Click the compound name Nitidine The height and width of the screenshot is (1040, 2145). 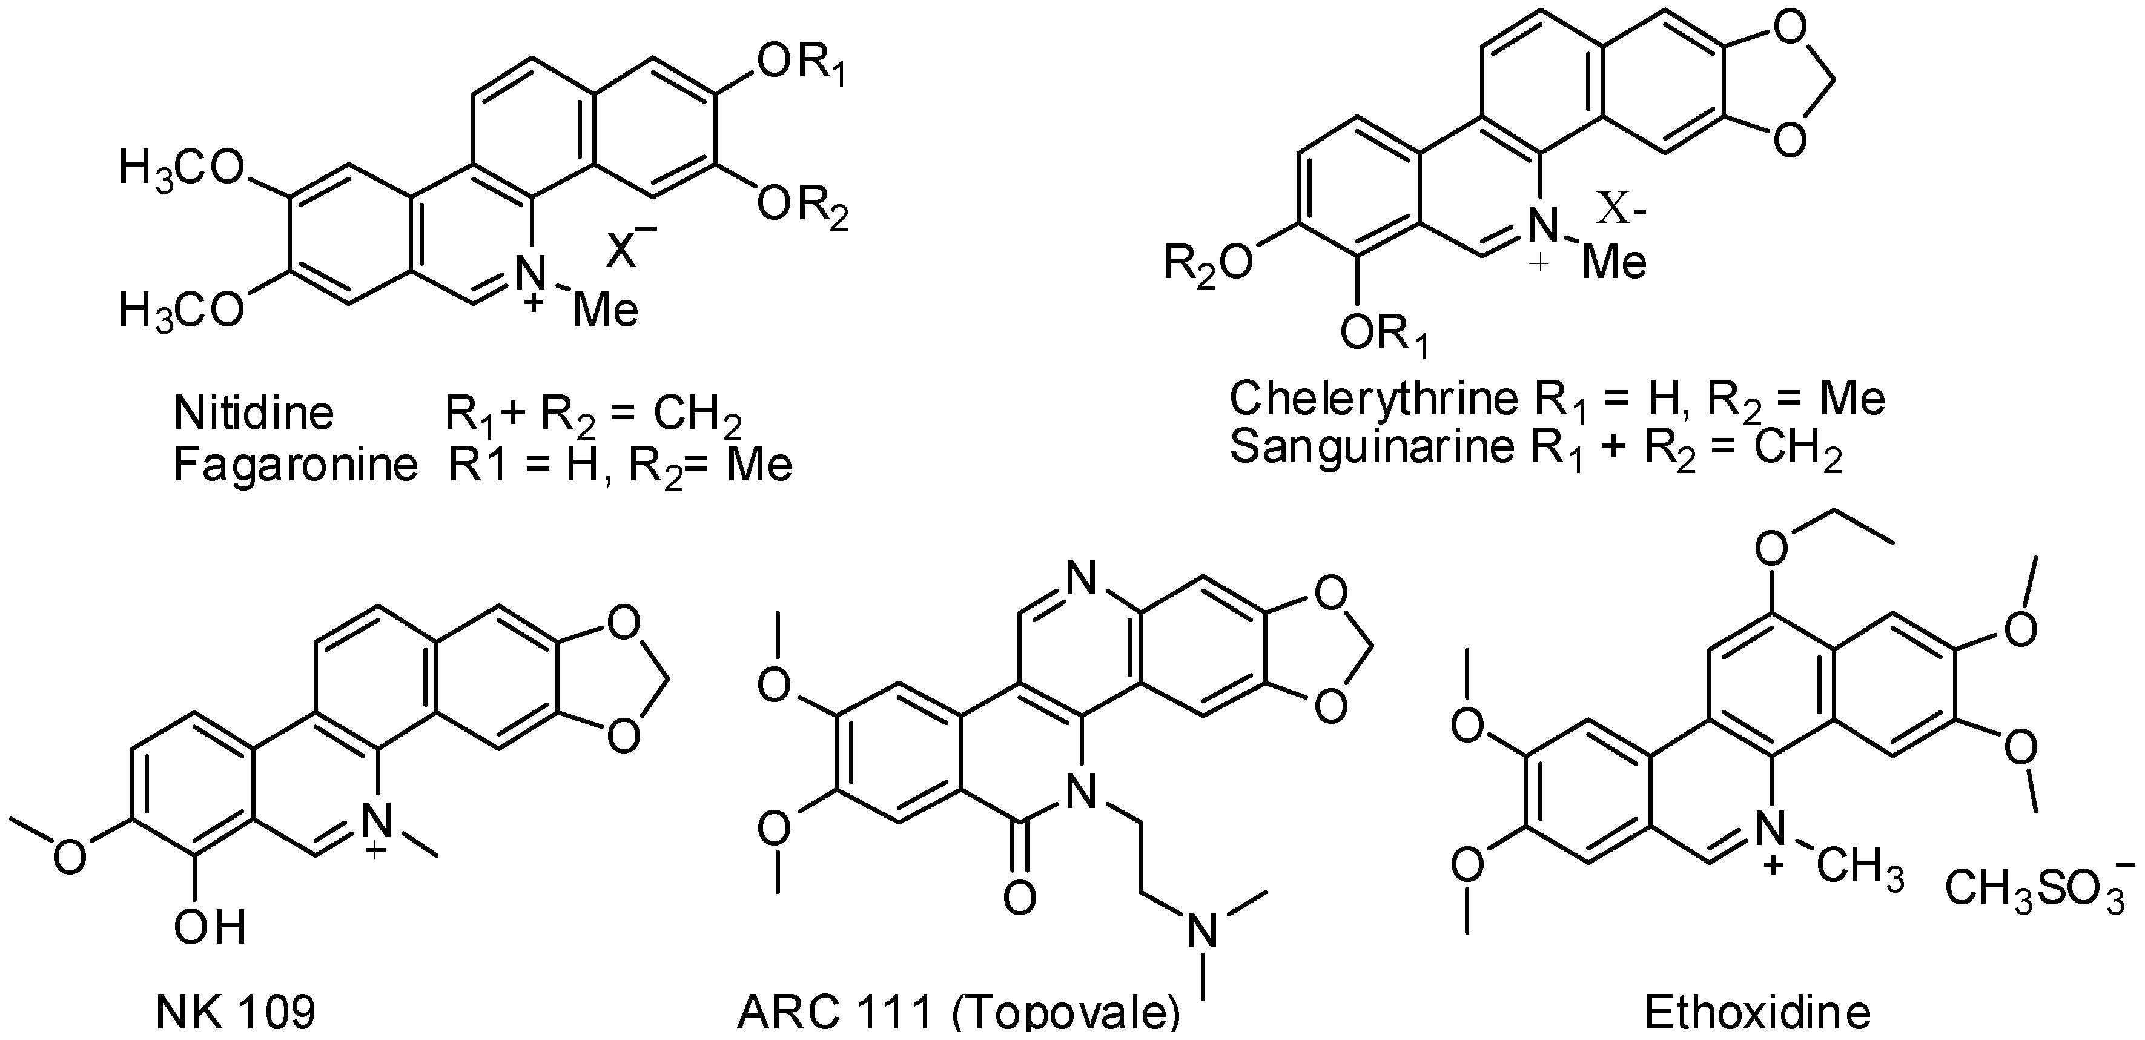click(x=254, y=414)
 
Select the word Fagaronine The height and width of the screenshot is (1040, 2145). click(x=295, y=465)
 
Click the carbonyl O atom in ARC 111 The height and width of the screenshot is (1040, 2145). click(x=1020, y=898)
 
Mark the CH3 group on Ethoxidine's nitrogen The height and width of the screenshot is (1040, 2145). click(x=1861, y=871)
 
